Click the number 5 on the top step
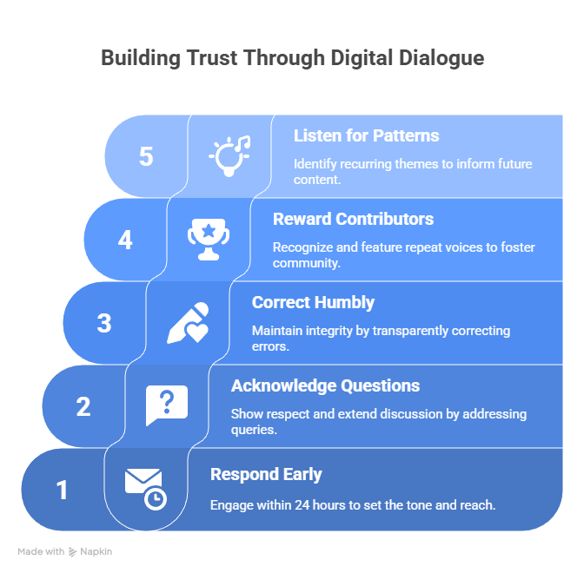tap(146, 156)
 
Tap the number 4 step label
tap(125, 240)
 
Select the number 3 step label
tap(104, 323)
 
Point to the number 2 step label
tap(83, 406)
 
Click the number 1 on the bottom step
tap(63, 491)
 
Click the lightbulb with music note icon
tap(229, 155)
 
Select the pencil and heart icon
tap(188, 323)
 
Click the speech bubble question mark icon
tap(167, 406)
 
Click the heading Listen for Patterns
tap(366, 135)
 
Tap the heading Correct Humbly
tap(313, 302)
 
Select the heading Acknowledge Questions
tap(325, 385)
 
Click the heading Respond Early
tap(266, 474)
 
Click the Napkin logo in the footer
tap(92, 551)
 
